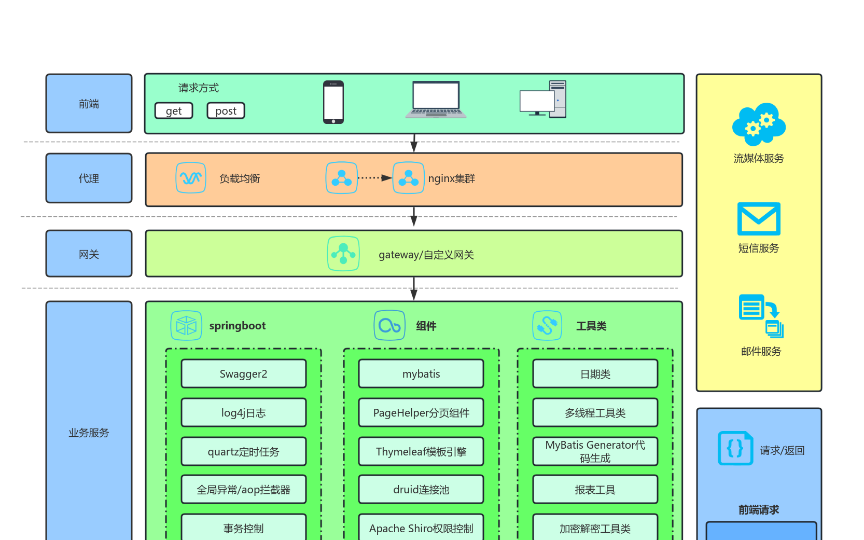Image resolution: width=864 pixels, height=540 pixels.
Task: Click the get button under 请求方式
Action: (174, 110)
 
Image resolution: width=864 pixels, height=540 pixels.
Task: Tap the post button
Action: (226, 110)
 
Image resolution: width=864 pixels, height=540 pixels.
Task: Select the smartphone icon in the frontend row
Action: (333, 102)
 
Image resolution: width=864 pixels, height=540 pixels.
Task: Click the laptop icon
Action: (436, 100)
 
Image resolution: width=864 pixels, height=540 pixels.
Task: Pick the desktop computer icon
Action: (543, 100)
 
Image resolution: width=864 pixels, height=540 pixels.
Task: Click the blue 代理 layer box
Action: (89, 178)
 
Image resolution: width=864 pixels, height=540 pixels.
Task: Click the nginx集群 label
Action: (451, 178)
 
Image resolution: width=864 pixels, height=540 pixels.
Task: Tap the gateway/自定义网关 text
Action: (426, 255)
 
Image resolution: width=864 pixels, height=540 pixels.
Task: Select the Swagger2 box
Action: (243, 373)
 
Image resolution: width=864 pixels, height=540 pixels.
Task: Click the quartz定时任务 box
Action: (243, 451)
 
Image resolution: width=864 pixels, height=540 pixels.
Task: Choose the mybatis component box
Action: (421, 373)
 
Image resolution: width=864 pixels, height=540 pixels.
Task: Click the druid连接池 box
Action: (421, 489)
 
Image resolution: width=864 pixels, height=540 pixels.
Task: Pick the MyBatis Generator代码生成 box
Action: (595, 451)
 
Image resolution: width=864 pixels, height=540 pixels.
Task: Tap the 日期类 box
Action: (595, 373)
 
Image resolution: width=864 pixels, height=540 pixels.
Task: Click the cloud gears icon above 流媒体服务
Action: (759, 124)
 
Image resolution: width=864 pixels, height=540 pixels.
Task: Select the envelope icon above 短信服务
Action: (759, 219)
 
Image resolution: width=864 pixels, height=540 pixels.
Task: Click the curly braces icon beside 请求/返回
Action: (735, 448)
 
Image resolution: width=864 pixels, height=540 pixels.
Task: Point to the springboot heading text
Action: (237, 326)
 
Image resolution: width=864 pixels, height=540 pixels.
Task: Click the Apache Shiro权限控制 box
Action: (421, 528)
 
